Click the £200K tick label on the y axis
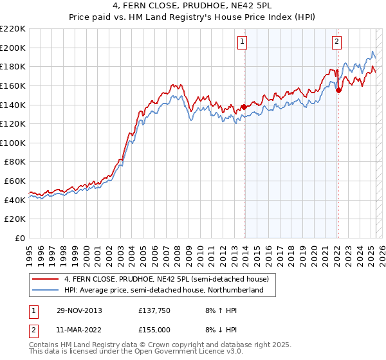pos(13,48)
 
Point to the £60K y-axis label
pos(15,181)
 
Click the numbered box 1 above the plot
pos(243,42)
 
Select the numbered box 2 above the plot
pos(336,42)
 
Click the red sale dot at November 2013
pos(244,107)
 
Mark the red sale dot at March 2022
pos(338,91)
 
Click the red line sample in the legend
pos(45,279)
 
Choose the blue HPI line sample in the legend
pos(45,291)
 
